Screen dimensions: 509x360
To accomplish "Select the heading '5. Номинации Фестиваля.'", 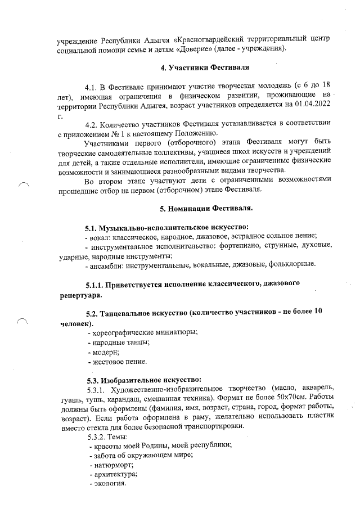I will (x=206, y=209).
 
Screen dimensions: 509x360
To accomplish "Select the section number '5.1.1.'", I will (x=98, y=284).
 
